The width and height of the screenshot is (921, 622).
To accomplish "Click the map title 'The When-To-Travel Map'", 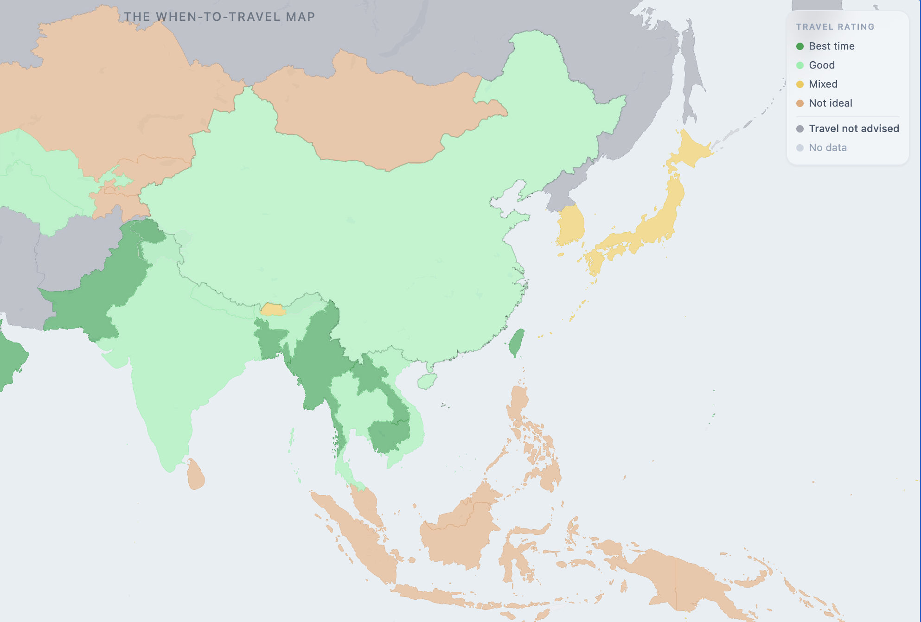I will click(219, 17).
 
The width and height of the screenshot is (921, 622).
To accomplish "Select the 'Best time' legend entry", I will click(831, 46).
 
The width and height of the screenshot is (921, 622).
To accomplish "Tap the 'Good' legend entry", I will click(821, 65).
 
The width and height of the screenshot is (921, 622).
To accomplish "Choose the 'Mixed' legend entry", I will click(823, 84).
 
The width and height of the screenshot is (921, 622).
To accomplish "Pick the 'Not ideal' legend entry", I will click(830, 103).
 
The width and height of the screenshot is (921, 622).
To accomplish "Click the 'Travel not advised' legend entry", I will click(853, 128).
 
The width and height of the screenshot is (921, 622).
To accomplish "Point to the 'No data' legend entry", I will click(827, 147).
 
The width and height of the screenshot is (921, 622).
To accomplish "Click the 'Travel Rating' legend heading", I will click(835, 27).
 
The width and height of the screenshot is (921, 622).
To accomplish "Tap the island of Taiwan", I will click(516, 343).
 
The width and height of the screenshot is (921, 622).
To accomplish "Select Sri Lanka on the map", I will click(196, 475).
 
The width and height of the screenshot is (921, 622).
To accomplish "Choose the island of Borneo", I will click(459, 533).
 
